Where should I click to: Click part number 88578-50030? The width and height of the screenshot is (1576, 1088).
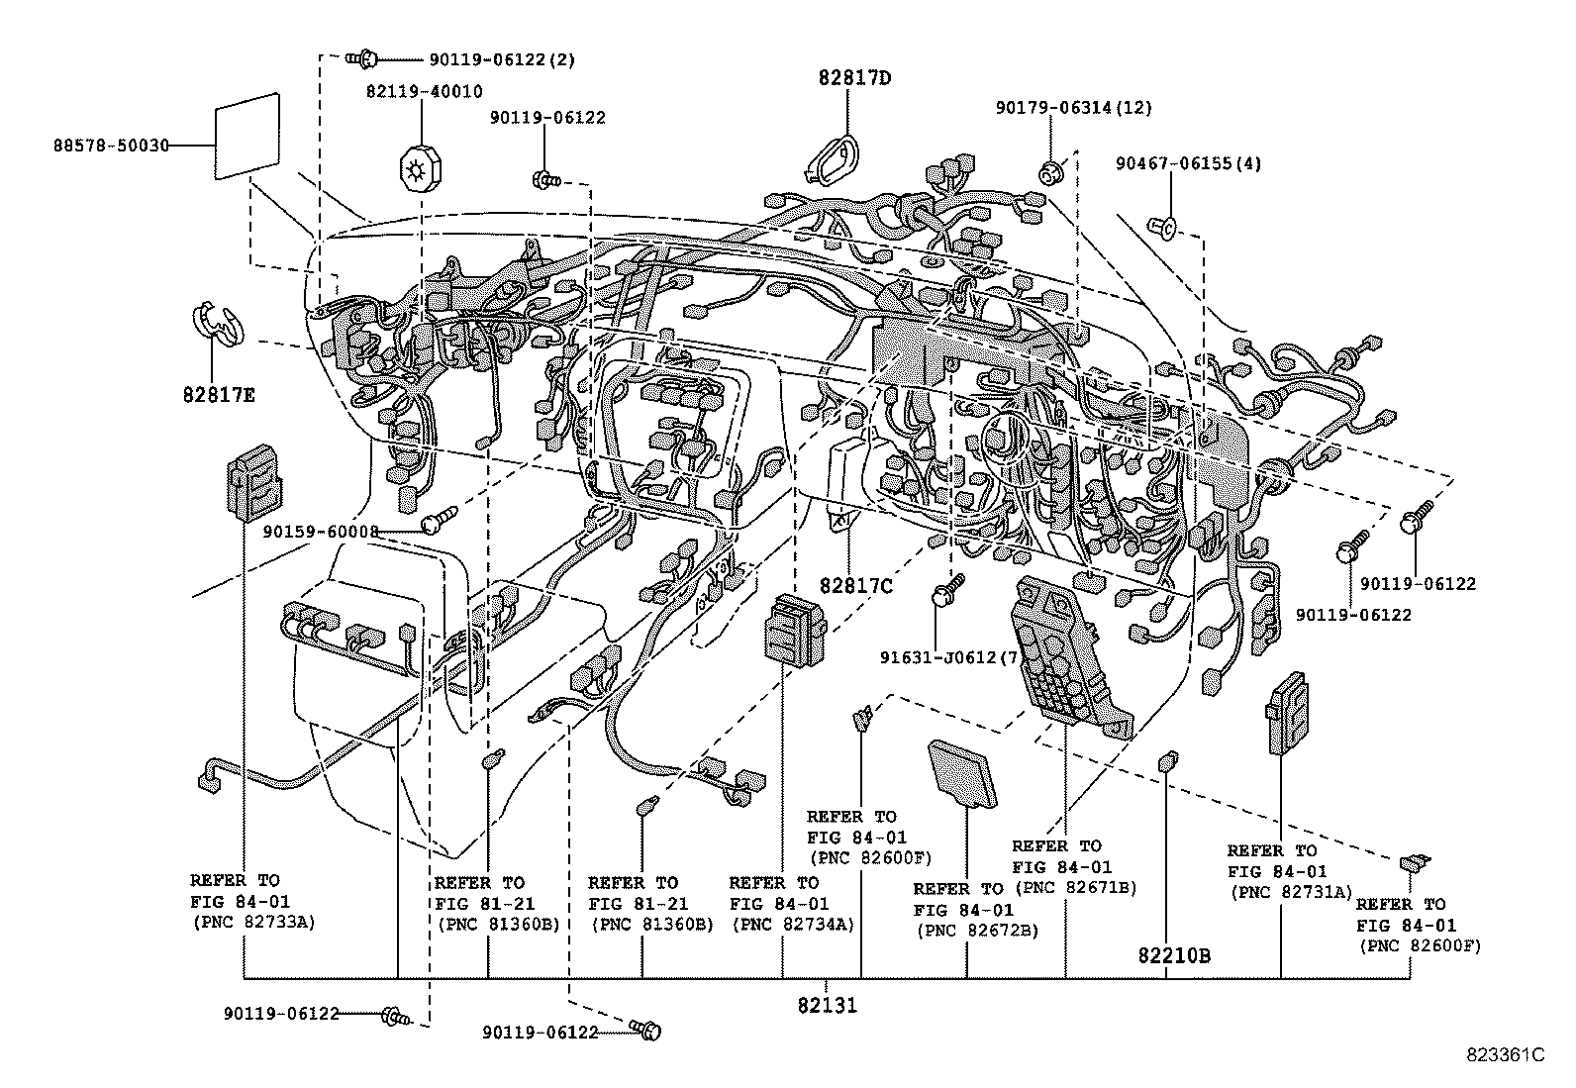tap(110, 146)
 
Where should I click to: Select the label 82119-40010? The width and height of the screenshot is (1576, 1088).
tap(424, 91)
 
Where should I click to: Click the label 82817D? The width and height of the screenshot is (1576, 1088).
tap(854, 78)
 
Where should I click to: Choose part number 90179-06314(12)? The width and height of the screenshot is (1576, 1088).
tap(1074, 108)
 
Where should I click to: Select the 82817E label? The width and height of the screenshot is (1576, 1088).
tap(219, 395)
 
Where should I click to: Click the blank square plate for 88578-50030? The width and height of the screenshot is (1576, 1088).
tap(246, 137)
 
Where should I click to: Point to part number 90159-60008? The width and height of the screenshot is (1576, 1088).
tap(321, 532)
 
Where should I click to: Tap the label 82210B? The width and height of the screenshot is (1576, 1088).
tap(1174, 956)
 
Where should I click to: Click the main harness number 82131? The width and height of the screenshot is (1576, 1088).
tap(827, 1006)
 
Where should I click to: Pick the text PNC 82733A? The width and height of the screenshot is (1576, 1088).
tap(247, 924)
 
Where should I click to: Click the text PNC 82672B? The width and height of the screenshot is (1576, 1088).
tap(977, 931)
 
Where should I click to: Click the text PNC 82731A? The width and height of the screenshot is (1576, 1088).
tap(1291, 892)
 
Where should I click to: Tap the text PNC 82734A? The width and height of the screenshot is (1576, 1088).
tap(792, 926)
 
